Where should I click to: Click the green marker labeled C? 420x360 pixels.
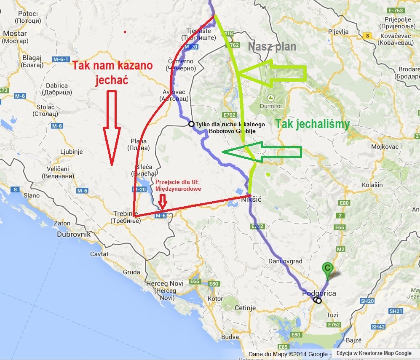click(x=326, y=268)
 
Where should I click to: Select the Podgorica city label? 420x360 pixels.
click(x=319, y=293)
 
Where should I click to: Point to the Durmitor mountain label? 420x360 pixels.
click(x=271, y=106)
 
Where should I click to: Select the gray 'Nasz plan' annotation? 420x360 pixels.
click(x=272, y=47)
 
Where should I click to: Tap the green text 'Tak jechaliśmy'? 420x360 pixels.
click(x=312, y=124)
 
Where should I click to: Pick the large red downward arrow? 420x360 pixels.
click(x=111, y=126)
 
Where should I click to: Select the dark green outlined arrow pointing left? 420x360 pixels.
click(x=261, y=152)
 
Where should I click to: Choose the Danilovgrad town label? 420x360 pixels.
click(x=285, y=261)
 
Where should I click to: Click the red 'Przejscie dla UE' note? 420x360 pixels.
click(x=178, y=185)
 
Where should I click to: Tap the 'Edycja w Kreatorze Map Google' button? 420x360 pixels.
click(x=374, y=353)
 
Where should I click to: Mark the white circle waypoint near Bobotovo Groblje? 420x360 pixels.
click(x=191, y=124)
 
